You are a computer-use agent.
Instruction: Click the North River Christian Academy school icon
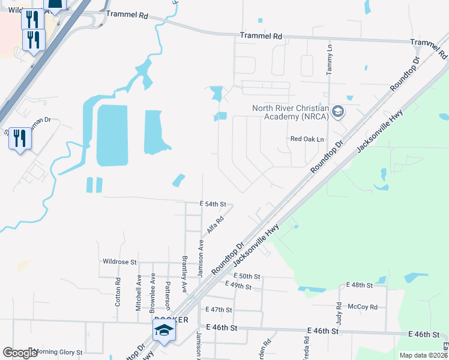point(338,112)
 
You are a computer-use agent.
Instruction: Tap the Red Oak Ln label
point(307,139)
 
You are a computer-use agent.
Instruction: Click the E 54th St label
point(213,205)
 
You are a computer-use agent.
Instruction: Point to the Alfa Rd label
point(215,225)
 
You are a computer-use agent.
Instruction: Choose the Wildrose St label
point(120,262)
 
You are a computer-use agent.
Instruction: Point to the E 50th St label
point(248,276)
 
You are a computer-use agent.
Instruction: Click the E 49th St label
point(238,286)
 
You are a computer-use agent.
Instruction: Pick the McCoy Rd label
point(365,307)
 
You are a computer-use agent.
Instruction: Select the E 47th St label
point(218,310)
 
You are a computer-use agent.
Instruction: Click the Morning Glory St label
point(59,352)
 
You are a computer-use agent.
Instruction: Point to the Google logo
point(20,353)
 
